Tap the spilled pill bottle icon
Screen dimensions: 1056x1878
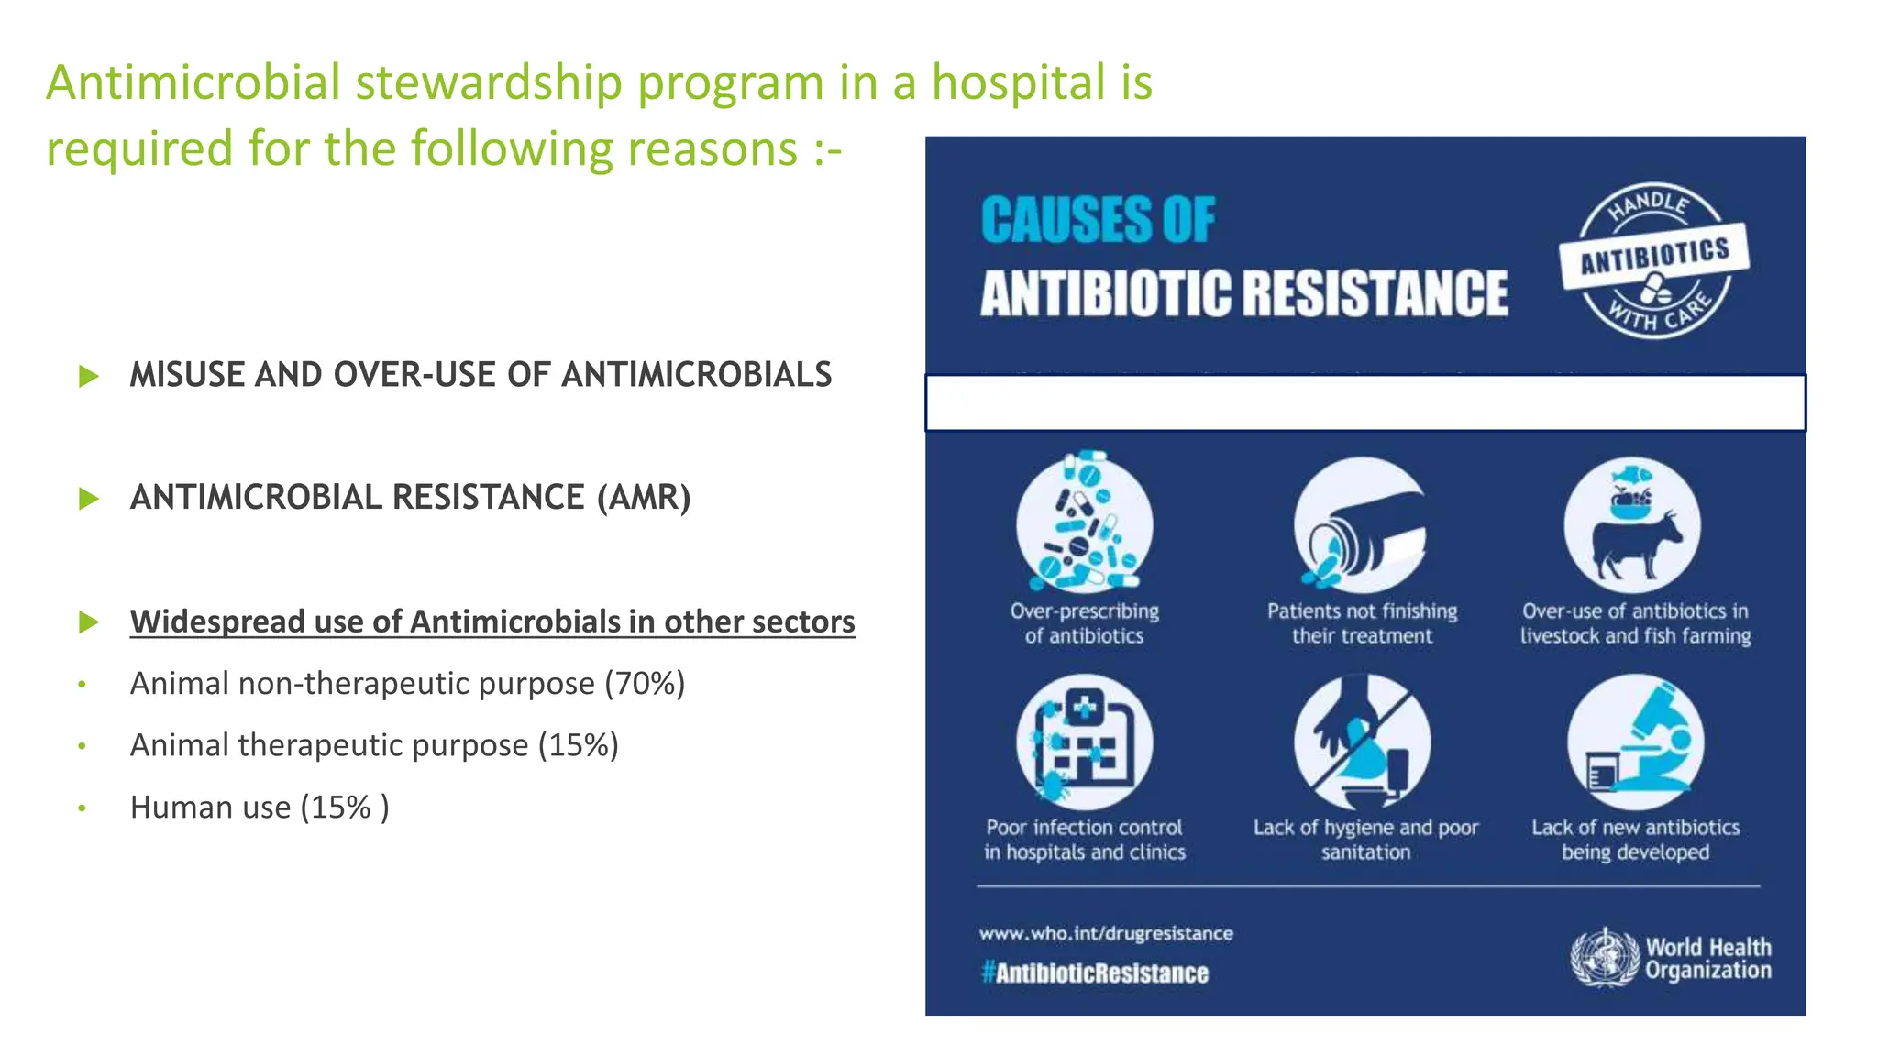tap(1362, 524)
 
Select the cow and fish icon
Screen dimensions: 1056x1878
tap(1633, 524)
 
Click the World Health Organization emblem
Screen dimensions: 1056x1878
tap(1604, 958)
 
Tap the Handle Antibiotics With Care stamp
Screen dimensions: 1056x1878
tap(1655, 259)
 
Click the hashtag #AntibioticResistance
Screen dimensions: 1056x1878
tap(1094, 973)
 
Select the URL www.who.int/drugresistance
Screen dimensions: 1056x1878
tap(1106, 933)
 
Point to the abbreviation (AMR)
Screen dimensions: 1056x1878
tap(644, 498)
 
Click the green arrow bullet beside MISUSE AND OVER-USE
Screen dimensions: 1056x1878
tap(89, 376)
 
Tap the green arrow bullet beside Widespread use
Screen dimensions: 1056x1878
tap(89, 622)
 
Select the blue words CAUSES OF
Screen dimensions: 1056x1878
tap(1098, 220)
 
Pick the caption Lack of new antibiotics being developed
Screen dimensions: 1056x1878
tap(1635, 840)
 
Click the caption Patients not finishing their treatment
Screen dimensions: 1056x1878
tap(1362, 623)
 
